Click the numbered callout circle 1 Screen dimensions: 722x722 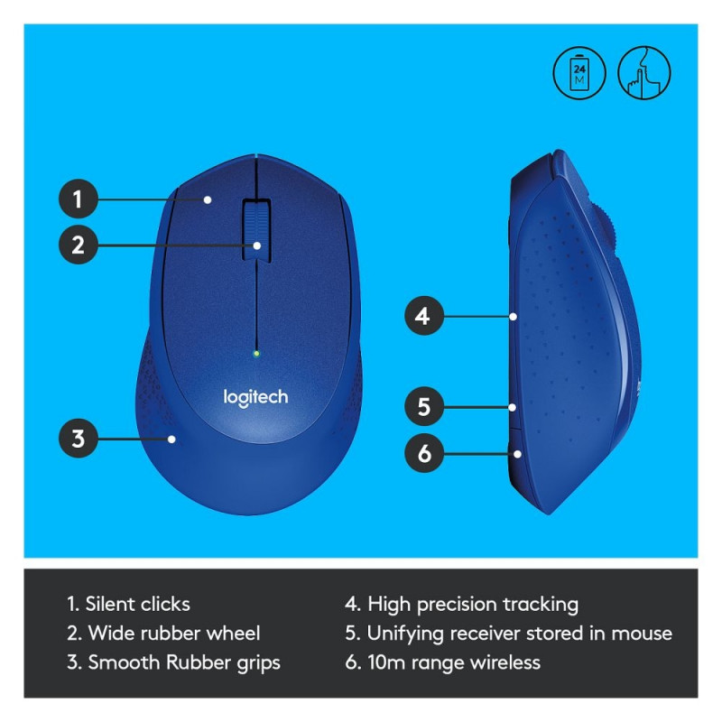pos(79,199)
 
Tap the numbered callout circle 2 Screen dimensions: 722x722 pos(79,245)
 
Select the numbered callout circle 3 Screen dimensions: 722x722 pos(79,438)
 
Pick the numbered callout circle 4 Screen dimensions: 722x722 pos(424,316)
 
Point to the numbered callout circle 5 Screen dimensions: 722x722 pos(424,407)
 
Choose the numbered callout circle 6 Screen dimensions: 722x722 pos(424,453)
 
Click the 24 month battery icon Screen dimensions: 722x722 pos(579,73)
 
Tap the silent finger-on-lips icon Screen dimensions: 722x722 pos(644,73)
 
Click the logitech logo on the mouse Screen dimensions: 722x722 pos(255,398)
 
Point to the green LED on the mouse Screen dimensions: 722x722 pos(256,354)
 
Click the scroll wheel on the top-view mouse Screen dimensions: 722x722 pos(257,231)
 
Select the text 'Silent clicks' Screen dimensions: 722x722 pos(138,604)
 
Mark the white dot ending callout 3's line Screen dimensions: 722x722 pos(171,439)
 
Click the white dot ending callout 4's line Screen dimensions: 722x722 pos(513,317)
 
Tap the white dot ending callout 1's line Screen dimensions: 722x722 pos(208,199)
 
